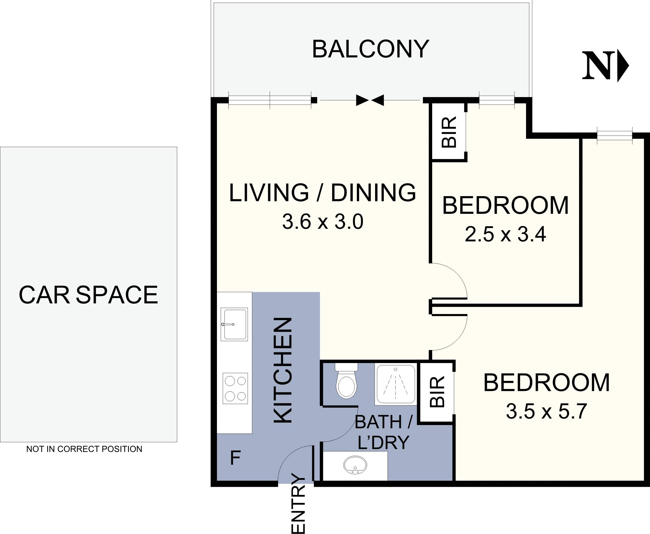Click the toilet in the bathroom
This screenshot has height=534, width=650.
click(x=346, y=383)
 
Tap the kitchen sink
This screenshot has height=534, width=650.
click(x=234, y=324)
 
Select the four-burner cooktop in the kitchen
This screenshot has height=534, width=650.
click(x=235, y=389)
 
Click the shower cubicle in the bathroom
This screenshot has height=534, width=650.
click(x=395, y=384)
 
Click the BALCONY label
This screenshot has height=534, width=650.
click(x=370, y=49)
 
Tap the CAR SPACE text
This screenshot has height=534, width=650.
click(x=88, y=295)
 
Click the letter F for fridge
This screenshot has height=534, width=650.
click(x=235, y=458)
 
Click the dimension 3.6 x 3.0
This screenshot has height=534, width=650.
click(x=323, y=222)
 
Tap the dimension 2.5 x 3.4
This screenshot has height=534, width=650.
click(x=505, y=234)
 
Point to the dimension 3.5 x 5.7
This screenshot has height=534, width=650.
click(x=546, y=411)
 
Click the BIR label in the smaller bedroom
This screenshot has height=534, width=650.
click(x=449, y=132)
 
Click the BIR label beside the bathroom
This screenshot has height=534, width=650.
click(x=437, y=392)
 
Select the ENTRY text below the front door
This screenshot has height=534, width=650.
click(x=298, y=504)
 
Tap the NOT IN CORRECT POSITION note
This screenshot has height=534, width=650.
click(x=84, y=449)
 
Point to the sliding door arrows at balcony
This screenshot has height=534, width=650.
click(x=370, y=100)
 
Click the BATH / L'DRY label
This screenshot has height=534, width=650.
click(x=383, y=432)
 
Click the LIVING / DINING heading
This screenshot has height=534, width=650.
click(x=323, y=193)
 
